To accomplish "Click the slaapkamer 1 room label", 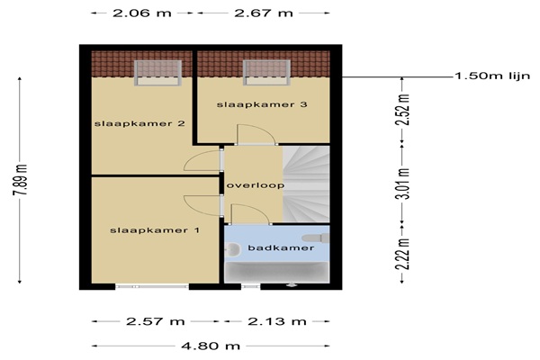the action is (x=155, y=230).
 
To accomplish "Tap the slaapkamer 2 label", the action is (x=139, y=123).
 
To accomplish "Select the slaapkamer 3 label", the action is (x=262, y=104).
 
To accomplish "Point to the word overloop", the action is (x=256, y=185).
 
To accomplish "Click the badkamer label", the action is (x=281, y=247).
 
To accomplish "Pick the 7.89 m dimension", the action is (x=20, y=180).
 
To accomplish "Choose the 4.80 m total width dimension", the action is (x=211, y=346).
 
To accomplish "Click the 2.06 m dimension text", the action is (x=142, y=13).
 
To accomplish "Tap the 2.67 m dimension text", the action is (x=264, y=13).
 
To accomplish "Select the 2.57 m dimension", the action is (x=156, y=321).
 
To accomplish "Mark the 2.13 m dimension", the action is (x=277, y=321).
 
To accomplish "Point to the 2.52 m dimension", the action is (x=402, y=109).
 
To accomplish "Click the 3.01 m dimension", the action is (x=402, y=184).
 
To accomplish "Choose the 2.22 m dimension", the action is (x=402, y=254).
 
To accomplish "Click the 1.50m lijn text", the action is (x=493, y=76).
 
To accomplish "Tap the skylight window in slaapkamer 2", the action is (x=157, y=73).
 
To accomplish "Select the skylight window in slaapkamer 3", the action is (x=266, y=73).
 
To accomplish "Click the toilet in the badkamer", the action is (x=316, y=238).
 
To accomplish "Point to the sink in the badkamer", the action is (x=232, y=249).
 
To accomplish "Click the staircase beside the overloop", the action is (x=306, y=184).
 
